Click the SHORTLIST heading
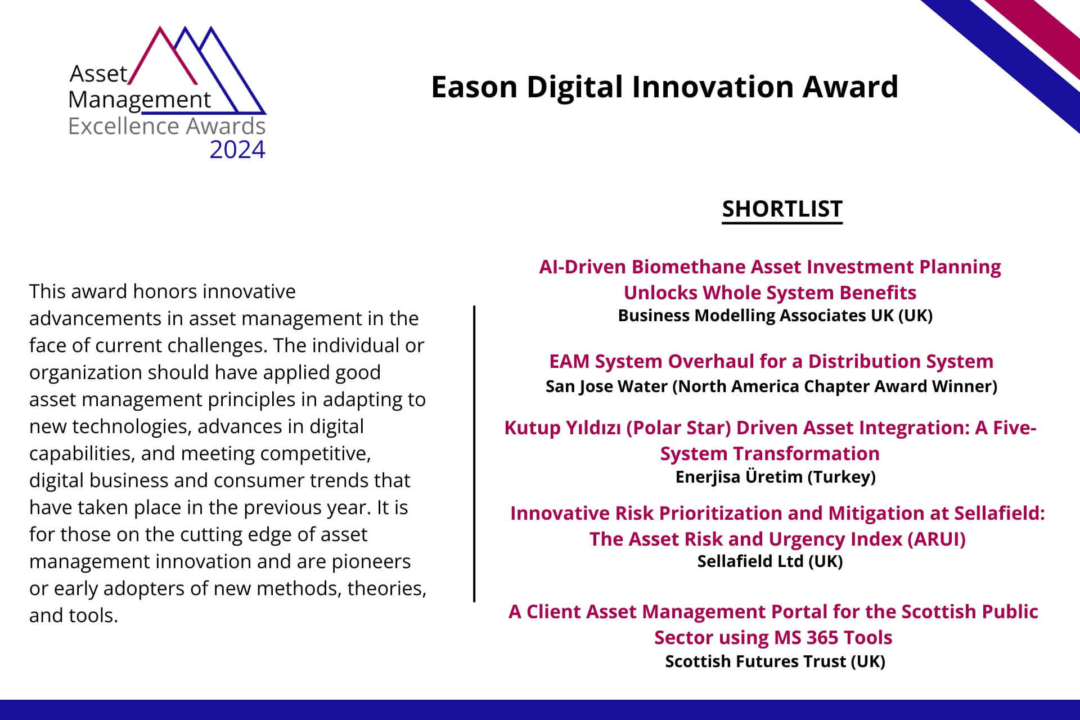tap(782, 209)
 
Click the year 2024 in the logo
tap(237, 150)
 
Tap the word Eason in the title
tap(474, 87)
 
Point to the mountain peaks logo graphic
tap(197, 70)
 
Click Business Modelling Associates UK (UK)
tap(775, 316)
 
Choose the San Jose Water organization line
tap(771, 386)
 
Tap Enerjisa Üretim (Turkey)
tap(775, 477)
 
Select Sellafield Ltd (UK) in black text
tap(770, 561)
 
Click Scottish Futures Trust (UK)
tap(775, 661)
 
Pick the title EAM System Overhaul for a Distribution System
tap(771, 361)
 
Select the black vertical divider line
tap(474, 453)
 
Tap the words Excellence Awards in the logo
tap(166, 126)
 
